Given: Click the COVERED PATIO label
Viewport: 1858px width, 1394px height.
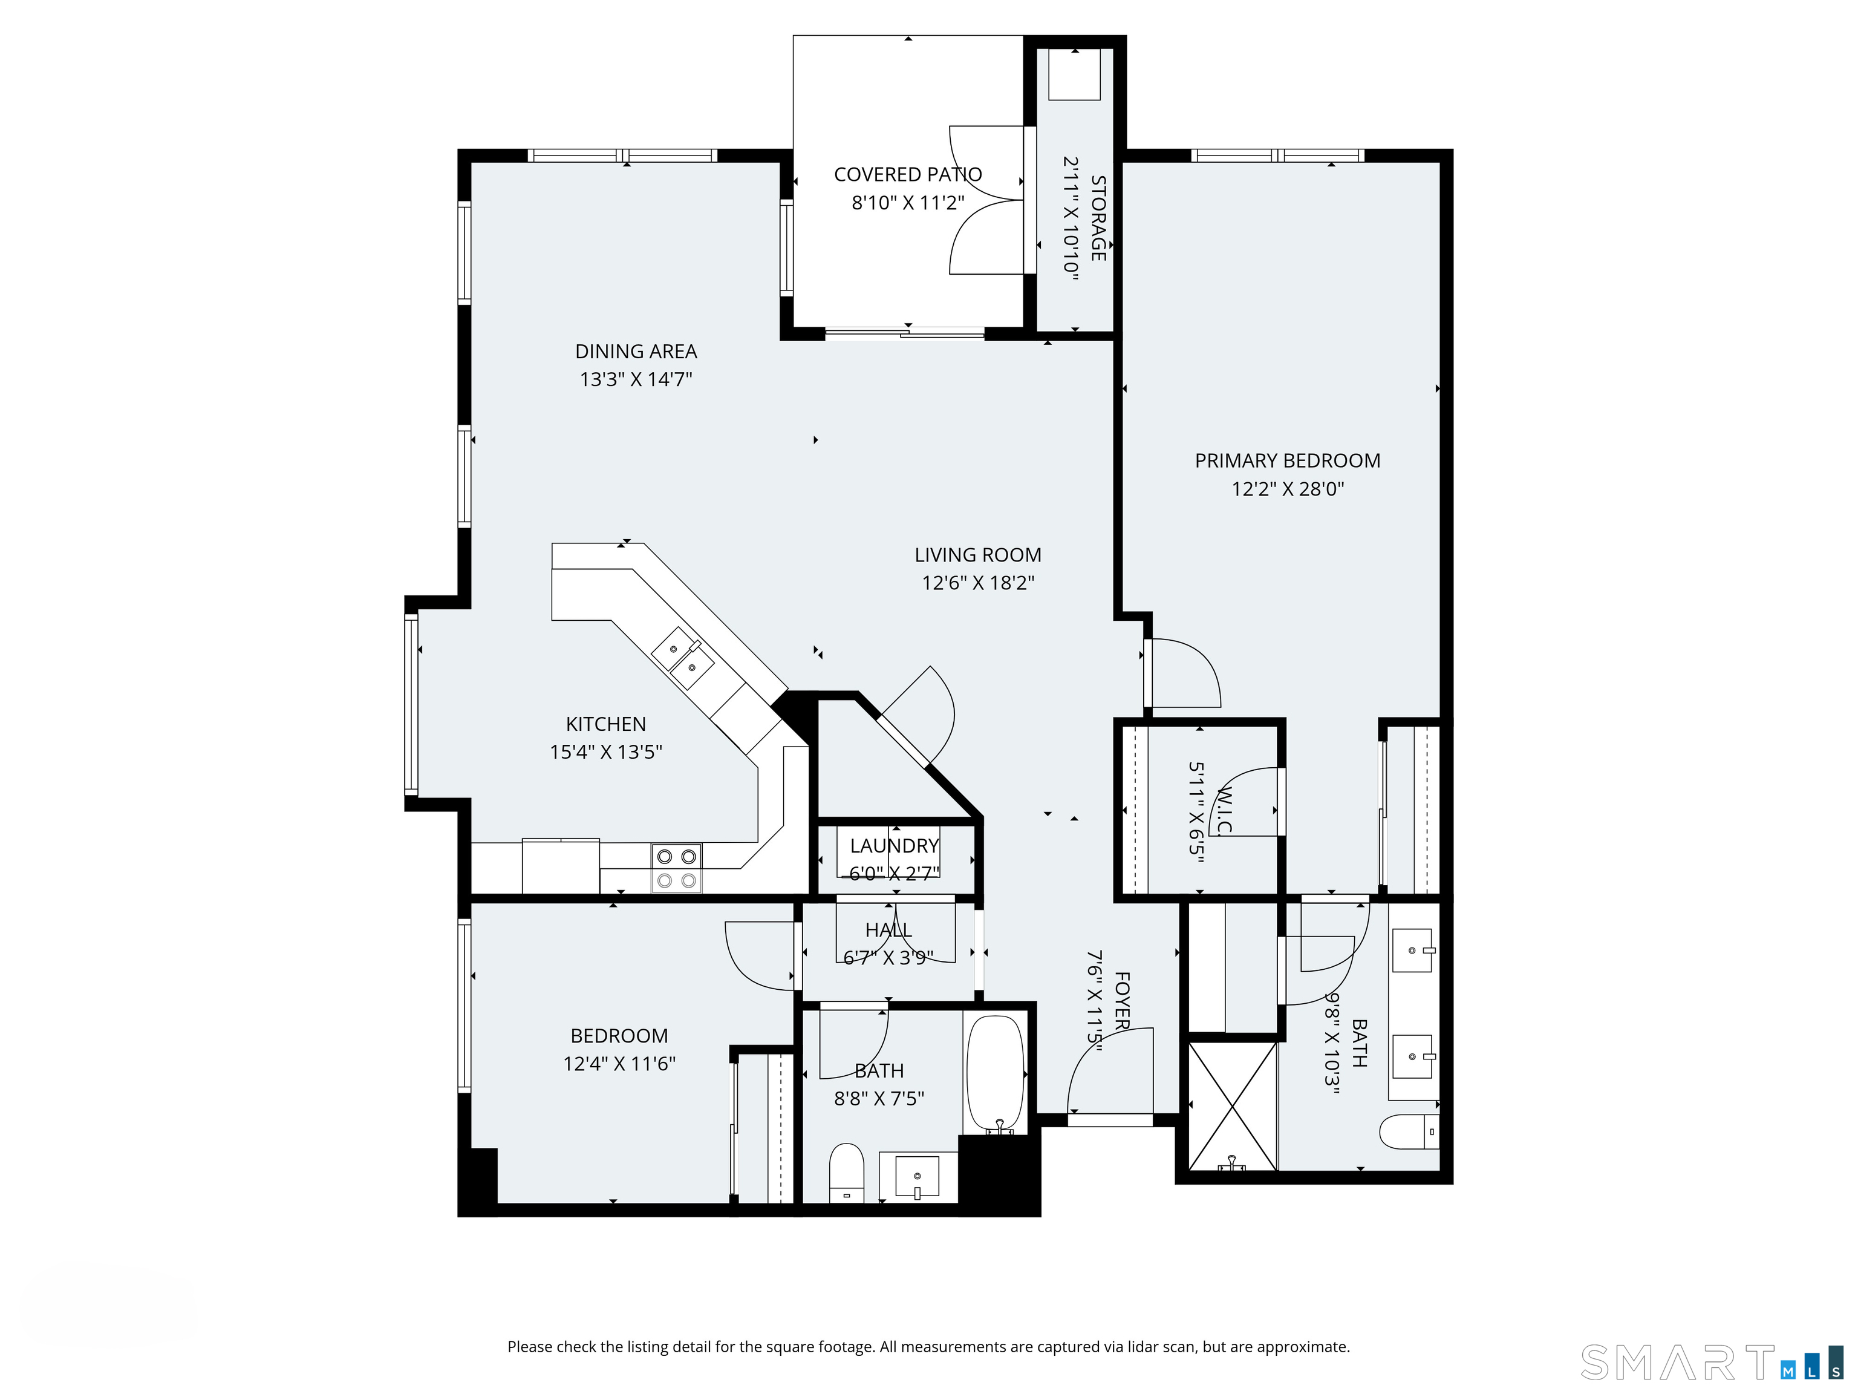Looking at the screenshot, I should [x=907, y=175].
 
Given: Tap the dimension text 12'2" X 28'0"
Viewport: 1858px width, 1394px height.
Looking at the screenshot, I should [x=1287, y=489].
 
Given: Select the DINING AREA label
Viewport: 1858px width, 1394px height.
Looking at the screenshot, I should [x=636, y=352].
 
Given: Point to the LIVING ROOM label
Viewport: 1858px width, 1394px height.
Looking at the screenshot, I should [x=978, y=555].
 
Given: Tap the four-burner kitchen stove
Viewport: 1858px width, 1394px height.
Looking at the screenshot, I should [x=676, y=869].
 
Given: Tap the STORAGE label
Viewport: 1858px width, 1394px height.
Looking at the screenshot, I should [x=1098, y=218].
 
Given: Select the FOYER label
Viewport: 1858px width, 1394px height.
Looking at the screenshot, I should [x=1122, y=1001].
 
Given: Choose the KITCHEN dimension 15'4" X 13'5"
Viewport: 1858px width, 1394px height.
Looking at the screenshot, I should [x=605, y=752].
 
